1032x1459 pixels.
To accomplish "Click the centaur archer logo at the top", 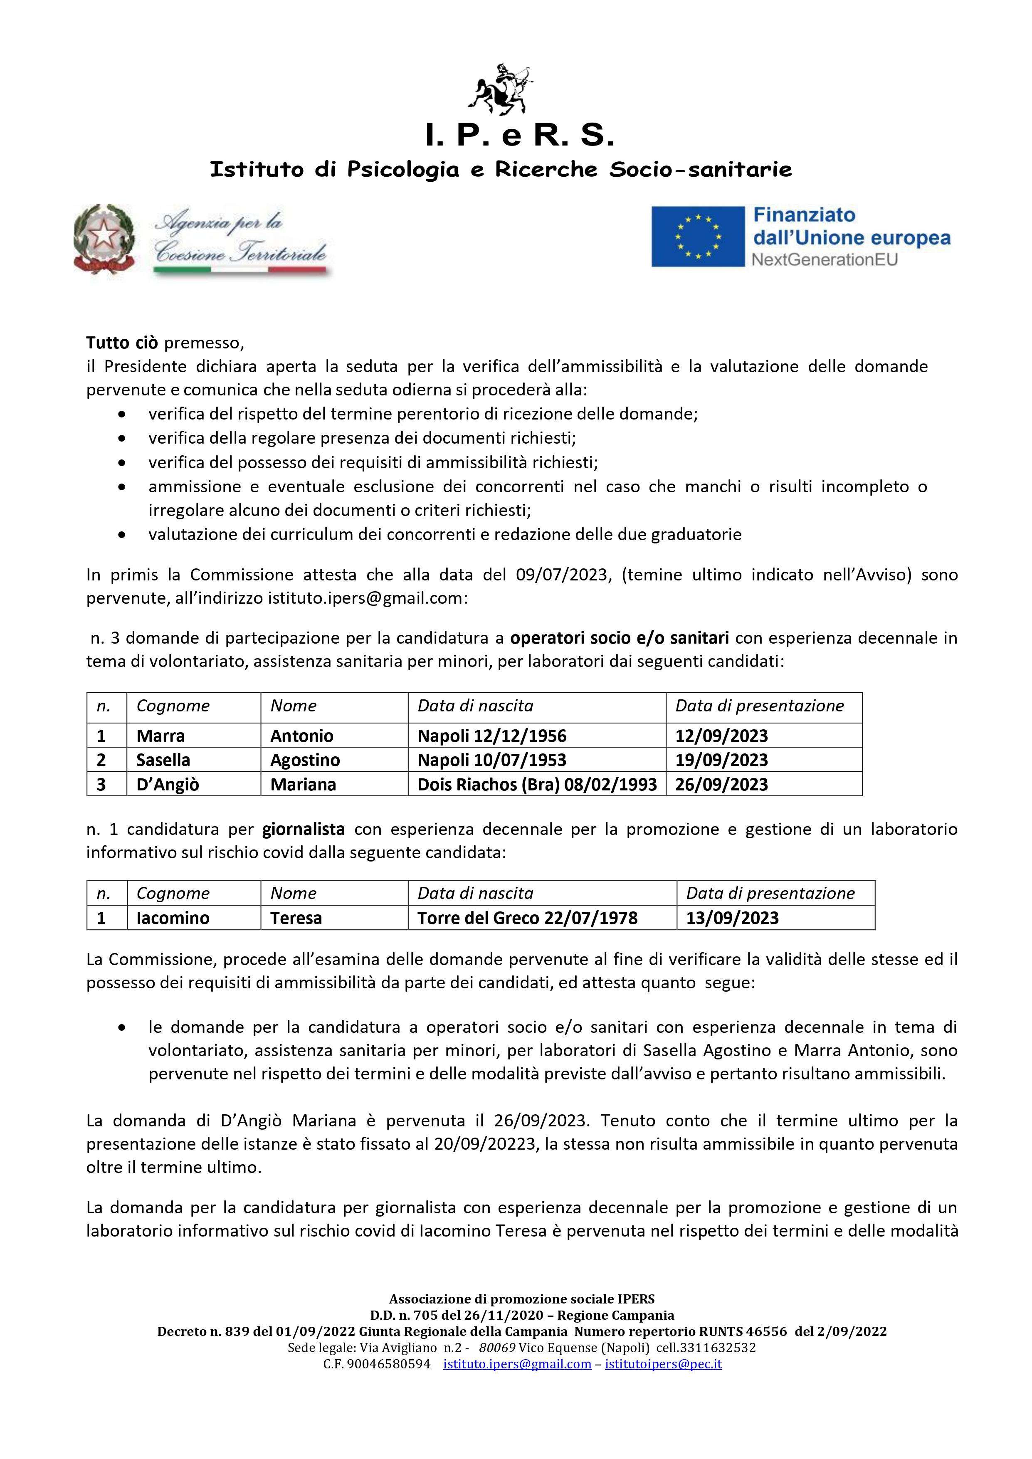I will tap(500, 89).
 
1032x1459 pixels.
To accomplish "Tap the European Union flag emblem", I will tap(698, 237).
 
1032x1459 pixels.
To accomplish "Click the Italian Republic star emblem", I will tap(104, 238).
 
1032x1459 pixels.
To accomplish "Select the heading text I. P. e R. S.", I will tap(519, 135).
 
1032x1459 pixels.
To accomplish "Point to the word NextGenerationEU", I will tap(824, 260).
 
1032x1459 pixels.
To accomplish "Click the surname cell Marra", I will tap(161, 736).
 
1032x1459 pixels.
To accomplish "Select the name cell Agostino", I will tap(305, 760).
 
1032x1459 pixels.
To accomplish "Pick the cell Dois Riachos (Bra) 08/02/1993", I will tap(537, 784).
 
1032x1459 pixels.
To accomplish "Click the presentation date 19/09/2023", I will tap(721, 760).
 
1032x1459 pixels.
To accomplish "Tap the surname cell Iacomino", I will tap(173, 918).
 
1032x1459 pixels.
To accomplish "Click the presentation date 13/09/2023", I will tap(732, 918).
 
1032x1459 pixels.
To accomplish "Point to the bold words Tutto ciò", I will tap(122, 343).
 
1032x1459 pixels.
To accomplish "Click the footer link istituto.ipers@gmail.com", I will tap(517, 1364).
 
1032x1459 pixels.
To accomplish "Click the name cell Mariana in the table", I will tap(303, 784).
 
